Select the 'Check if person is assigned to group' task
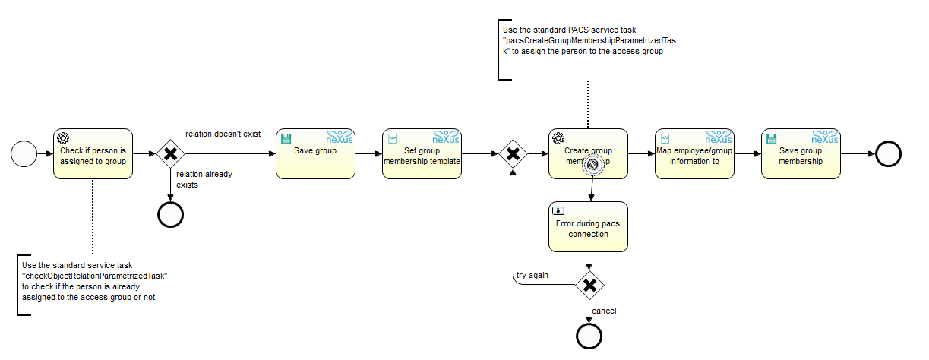point(93,154)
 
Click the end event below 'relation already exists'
point(170,215)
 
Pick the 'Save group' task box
point(315,154)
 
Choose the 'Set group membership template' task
point(422,154)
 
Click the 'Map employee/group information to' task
point(694,154)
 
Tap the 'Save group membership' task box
point(801,154)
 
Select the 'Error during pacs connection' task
point(589,226)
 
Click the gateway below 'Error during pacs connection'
point(589,285)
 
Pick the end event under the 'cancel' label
point(589,335)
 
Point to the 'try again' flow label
point(532,275)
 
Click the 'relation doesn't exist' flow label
point(223,134)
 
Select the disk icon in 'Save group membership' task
point(772,138)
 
